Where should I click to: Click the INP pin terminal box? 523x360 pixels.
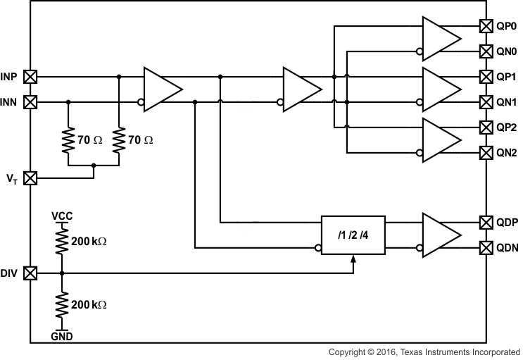(x=30, y=77)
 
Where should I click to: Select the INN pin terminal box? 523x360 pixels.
(x=30, y=102)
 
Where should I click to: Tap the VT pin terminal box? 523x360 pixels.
(x=30, y=178)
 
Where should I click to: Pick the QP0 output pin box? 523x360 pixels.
(x=486, y=26)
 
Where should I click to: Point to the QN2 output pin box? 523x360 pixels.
(x=486, y=152)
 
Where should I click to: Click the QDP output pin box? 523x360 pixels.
(x=486, y=223)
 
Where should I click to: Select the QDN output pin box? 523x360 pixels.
(x=486, y=248)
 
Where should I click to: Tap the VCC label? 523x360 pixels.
(x=62, y=216)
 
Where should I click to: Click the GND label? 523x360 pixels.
(x=62, y=337)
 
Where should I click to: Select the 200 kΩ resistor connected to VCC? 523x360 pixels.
(x=62, y=241)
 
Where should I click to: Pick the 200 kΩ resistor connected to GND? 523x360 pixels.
(x=62, y=304)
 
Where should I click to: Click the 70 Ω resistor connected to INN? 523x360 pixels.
(x=68, y=140)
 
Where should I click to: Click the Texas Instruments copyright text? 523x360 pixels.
(x=424, y=352)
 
